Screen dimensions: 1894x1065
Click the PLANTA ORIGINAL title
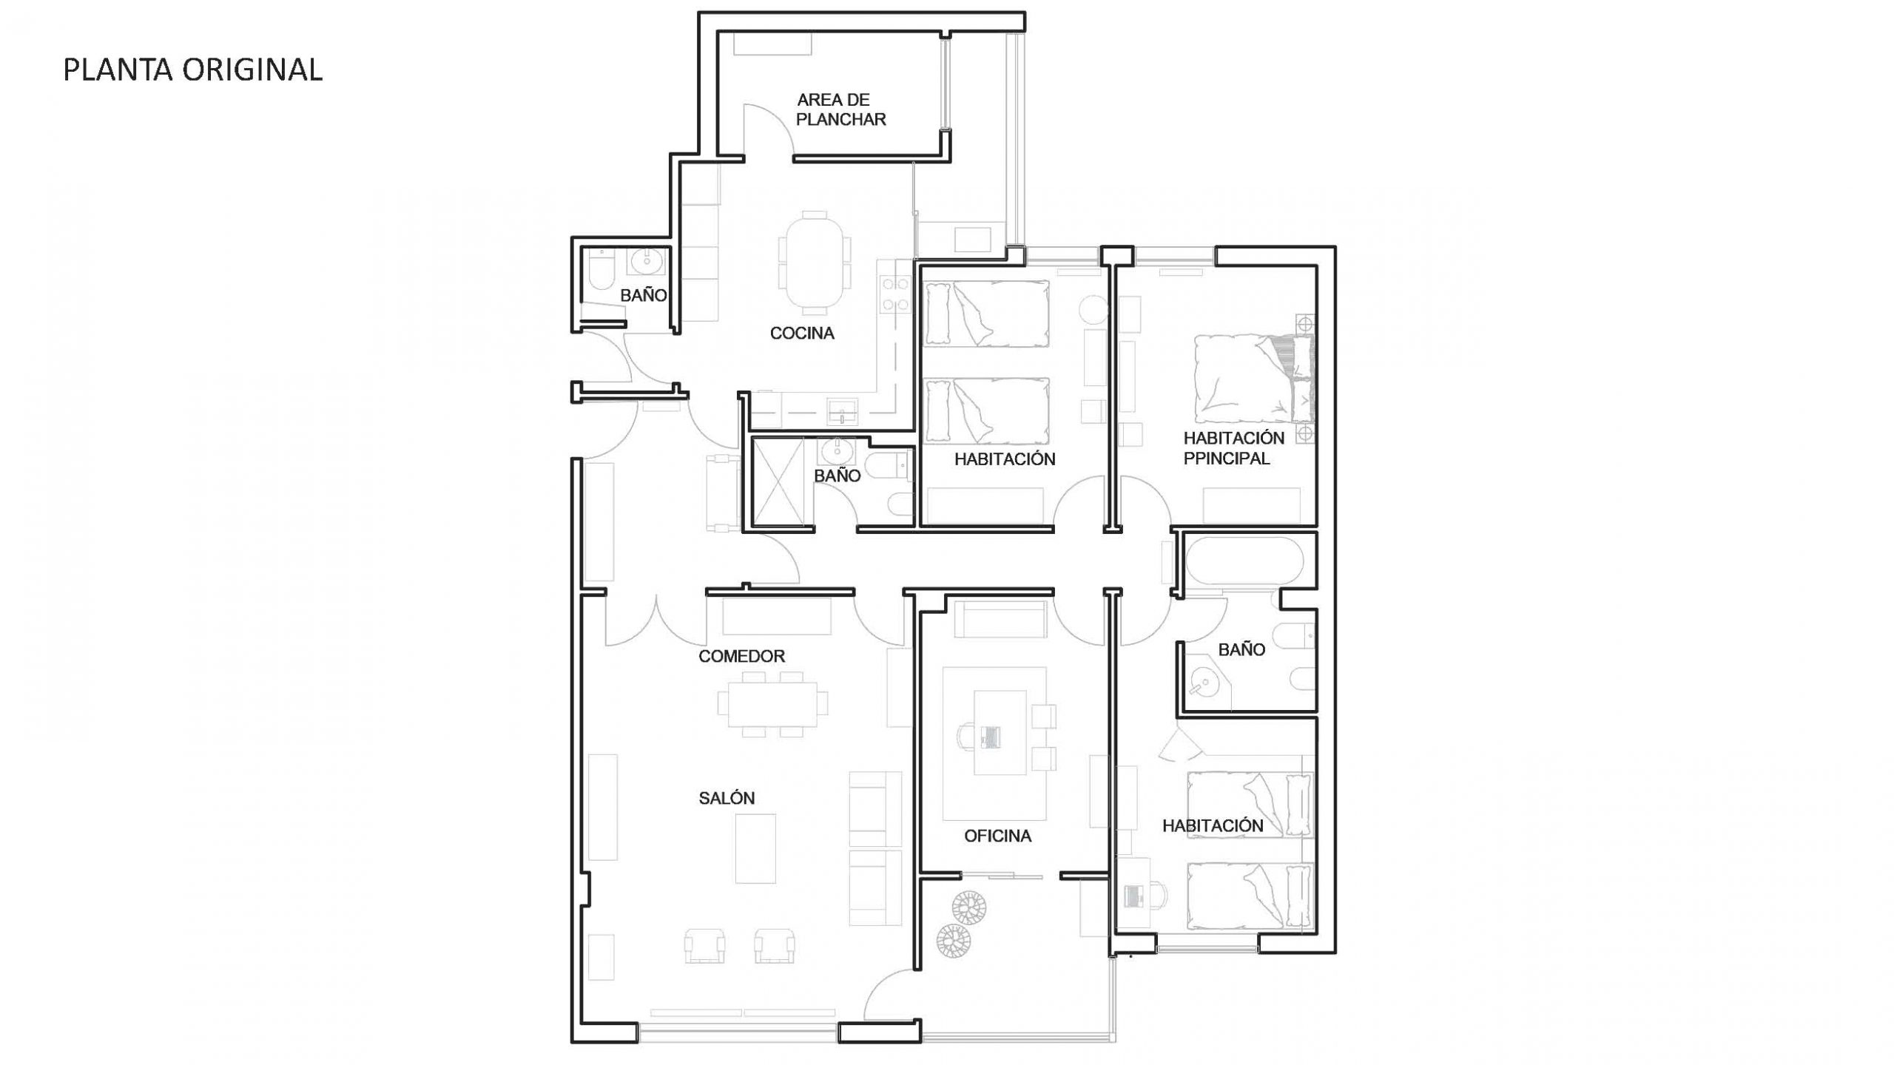[192, 70]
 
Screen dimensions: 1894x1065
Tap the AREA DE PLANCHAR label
[840, 109]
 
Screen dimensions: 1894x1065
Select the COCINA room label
[802, 334]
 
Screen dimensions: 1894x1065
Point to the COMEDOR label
[741, 656]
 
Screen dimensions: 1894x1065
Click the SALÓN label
[727, 798]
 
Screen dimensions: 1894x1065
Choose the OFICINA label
[997, 836]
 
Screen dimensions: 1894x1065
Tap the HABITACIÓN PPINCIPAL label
[1233, 448]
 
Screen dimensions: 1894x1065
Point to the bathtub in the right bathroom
[1243, 561]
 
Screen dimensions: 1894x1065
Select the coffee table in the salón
[755, 848]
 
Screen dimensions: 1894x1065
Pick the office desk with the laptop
[1000, 732]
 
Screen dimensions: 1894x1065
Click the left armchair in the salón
[704, 945]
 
